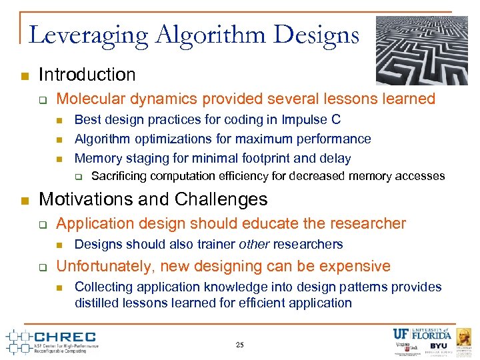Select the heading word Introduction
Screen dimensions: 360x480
pyautogui.click(x=87, y=75)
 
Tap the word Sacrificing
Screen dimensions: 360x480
pyautogui.click(x=119, y=176)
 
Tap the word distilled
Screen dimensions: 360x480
pyautogui.click(x=97, y=303)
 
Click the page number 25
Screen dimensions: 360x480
pyautogui.click(x=240, y=345)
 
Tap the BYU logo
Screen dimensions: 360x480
pyautogui.click(x=439, y=346)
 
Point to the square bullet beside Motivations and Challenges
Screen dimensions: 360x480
pyautogui.click(x=24, y=201)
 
